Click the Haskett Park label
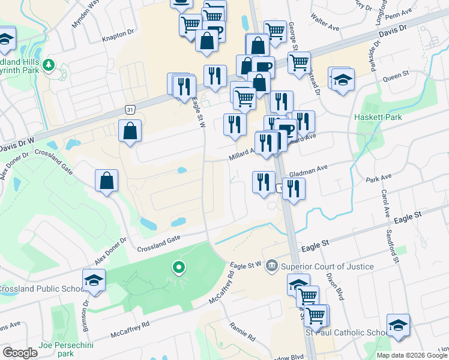click(378, 117)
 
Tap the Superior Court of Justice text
click(327, 266)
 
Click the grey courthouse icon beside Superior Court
click(272, 266)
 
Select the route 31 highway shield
click(130, 109)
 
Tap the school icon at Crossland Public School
click(94, 280)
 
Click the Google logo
click(20, 353)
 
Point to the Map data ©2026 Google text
click(411, 355)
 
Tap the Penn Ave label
click(401, 13)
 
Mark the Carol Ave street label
click(384, 203)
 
